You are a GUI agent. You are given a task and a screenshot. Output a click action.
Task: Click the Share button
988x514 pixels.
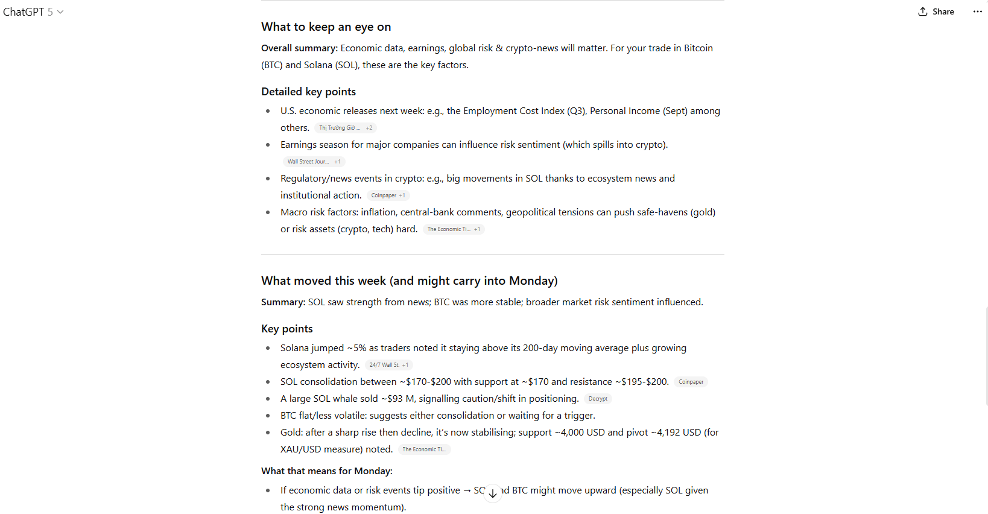point(936,11)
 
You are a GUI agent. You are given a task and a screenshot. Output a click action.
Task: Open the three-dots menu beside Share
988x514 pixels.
point(977,11)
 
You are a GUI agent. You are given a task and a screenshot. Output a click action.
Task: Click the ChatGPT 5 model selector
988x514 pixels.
point(33,11)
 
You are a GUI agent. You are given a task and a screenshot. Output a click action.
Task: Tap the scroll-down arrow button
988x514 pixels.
point(493,493)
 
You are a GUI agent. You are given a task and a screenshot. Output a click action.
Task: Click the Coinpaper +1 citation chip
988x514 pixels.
point(388,195)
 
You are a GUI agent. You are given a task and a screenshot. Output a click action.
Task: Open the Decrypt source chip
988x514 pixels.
point(598,399)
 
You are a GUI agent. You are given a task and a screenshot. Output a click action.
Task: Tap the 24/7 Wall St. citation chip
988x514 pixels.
point(388,365)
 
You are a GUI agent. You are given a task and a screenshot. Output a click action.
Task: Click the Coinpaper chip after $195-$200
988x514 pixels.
point(691,382)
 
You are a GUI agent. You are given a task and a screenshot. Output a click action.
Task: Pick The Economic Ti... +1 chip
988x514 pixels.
point(453,229)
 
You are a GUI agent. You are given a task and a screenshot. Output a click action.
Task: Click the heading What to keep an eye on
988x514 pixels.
point(326,27)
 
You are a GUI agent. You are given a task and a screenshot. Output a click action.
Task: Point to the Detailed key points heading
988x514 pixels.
point(308,92)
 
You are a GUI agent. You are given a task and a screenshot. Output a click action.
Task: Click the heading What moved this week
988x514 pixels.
point(409,281)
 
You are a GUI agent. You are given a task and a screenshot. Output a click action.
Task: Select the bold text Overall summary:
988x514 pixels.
point(299,48)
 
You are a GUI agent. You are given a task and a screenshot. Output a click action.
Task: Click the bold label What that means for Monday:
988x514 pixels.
point(326,471)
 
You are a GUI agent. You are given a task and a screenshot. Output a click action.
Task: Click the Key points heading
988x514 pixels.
point(287,329)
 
